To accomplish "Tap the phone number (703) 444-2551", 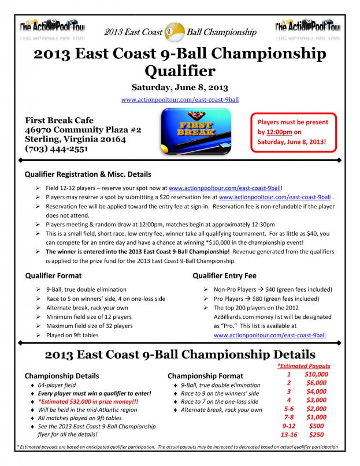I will coord(57,148).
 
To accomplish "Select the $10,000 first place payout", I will coord(316,374).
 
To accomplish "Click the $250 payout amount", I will coord(316,434).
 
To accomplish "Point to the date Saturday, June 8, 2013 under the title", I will coord(180,88).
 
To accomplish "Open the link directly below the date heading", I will coord(180,100).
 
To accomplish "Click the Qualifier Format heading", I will coord(53,275).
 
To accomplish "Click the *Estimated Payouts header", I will coord(304,366).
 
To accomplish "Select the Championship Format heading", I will coord(205,376).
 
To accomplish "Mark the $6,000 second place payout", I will coord(316,383).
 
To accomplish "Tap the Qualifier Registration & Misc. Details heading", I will coord(87,174).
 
